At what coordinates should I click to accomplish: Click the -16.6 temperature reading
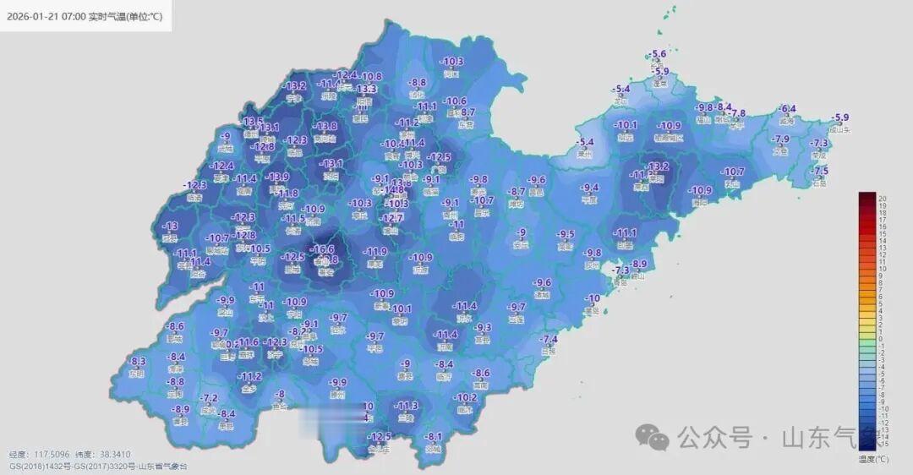point(323,249)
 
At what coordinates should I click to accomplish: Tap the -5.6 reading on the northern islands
point(659,55)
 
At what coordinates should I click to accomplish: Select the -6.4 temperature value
point(788,109)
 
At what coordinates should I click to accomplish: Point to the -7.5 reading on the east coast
point(820,171)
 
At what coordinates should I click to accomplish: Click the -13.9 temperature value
point(277,177)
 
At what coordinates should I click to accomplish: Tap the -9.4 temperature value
point(589,188)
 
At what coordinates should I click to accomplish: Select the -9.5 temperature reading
point(566,234)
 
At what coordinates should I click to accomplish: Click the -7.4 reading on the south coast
point(549,340)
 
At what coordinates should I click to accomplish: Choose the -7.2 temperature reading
point(209,398)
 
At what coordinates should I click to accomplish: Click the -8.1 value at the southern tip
point(434,437)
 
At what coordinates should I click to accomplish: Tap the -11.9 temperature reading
point(375,252)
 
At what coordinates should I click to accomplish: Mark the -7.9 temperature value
point(780,139)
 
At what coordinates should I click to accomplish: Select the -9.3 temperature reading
point(483,328)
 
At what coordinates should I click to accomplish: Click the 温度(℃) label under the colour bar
point(873,459)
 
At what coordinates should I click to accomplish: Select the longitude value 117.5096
point(51,455)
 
